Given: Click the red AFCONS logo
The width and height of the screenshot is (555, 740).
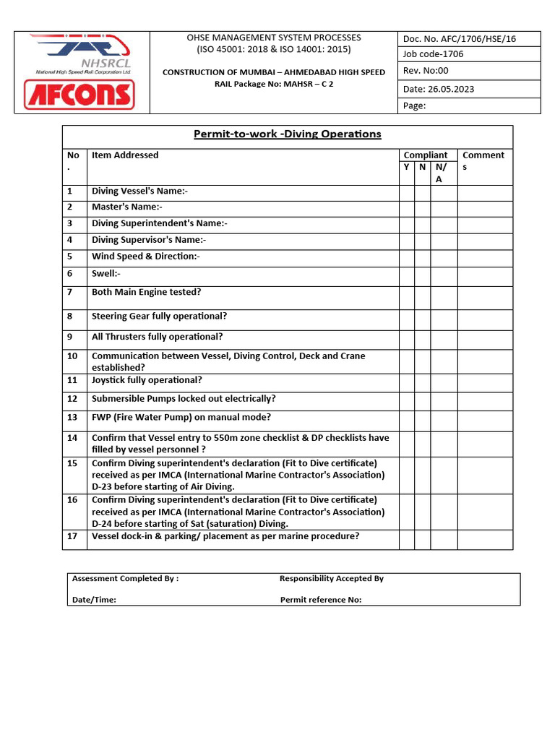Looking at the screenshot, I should (x=79, y=95).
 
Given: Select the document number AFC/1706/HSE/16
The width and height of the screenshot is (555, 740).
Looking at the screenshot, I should (x=469, y=39).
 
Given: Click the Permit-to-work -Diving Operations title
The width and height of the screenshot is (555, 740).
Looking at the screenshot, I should (x=287, y=134).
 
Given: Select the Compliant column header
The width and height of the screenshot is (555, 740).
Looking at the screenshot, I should (x=426, y=155).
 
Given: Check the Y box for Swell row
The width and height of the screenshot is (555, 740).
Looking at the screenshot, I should (x=406, y=275).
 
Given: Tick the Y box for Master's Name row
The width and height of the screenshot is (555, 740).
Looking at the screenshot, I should (x=406, y=208).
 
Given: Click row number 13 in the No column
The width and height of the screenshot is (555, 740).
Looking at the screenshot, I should (x=72, y=418).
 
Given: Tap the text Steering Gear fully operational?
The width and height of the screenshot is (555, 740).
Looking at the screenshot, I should (x=160, y=317).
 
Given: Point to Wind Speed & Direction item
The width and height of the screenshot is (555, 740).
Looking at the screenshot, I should (x=146, y=257).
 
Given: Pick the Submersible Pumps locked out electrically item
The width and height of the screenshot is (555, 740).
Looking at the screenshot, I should (x=184, y=399).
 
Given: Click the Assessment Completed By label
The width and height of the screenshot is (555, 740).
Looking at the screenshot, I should (x=126, y=579).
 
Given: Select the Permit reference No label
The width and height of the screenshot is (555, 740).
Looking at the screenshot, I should (x=321, y=600).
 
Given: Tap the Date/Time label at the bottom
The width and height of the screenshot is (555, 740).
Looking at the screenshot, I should (x=94, y=600).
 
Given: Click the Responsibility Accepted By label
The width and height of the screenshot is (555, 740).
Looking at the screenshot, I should (x=332, y=579).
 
